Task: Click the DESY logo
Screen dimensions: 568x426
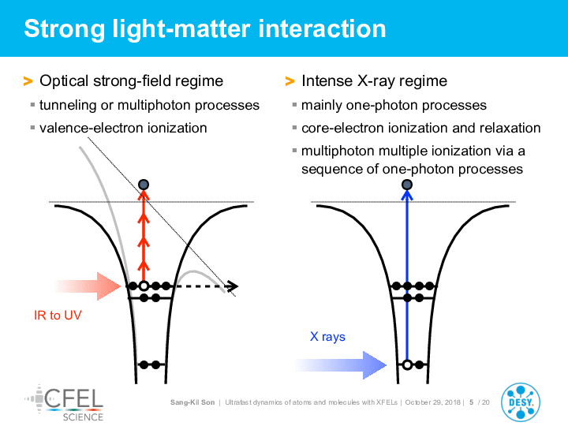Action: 520,402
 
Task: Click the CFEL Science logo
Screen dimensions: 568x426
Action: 64,403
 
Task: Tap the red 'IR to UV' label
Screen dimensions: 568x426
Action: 58,315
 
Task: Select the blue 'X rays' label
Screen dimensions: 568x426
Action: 327,337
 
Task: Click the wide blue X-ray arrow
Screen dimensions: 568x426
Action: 341,364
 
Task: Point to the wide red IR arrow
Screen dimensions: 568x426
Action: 88,286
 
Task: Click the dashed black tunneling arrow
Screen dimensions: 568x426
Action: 207,286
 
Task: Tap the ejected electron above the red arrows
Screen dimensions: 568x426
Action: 144,185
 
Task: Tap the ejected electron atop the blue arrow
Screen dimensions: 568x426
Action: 407,185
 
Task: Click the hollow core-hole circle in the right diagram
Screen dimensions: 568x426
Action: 407,364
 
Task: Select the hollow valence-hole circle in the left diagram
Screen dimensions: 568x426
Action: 144,286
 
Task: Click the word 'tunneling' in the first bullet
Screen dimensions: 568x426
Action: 68,106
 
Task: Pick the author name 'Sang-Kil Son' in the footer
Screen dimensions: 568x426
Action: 192,402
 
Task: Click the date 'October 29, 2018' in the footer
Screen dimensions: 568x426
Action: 432,402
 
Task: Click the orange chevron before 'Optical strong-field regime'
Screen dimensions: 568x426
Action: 28,81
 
